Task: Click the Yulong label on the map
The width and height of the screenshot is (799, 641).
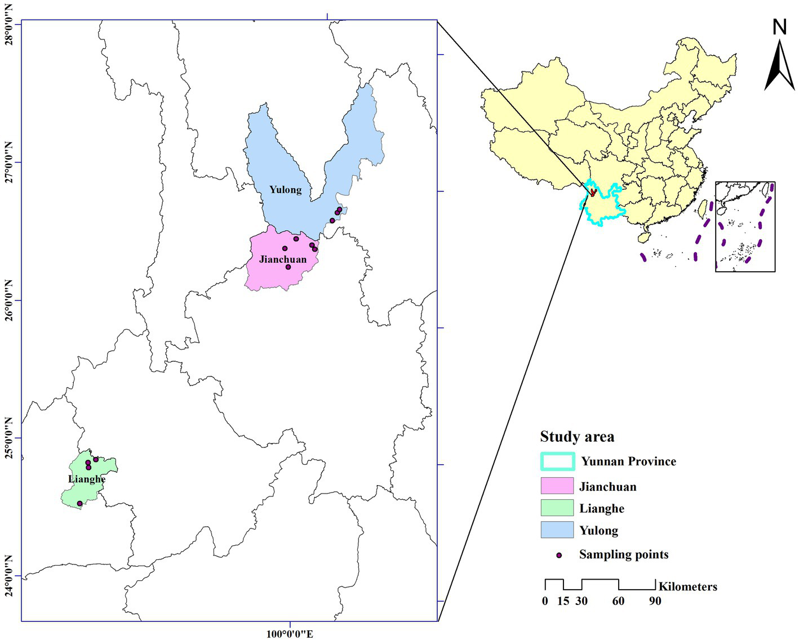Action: click(x=285, y=190)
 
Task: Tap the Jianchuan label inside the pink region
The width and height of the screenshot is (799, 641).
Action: click(x=283, y=259)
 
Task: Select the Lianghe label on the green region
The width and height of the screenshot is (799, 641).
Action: click(x=87, y=479)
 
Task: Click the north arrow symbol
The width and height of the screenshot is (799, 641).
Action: click(x=779, y=65)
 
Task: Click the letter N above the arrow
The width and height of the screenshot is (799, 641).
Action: click(x=779, y=27)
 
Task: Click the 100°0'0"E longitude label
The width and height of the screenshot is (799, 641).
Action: click(x=290, y=634)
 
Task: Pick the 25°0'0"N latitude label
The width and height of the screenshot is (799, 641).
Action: click(x=9, y=438)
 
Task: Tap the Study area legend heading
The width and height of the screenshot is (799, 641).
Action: click(x=577, y=437)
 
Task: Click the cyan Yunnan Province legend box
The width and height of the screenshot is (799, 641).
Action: click(x=557, y=461)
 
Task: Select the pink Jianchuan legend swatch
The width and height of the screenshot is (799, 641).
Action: click(x=557, y=486)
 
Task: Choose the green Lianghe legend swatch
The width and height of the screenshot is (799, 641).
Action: click(x=557, y=508)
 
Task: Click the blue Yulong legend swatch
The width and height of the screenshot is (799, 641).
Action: click(x=557, y=530)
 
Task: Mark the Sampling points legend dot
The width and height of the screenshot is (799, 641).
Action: click(x=559, y=555)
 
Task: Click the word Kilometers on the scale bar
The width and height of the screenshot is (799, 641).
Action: click(x=687, y=586)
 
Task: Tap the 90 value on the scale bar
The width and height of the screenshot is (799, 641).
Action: click(x=655, y=601)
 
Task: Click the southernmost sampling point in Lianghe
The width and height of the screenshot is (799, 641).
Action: click(x=79, y=504)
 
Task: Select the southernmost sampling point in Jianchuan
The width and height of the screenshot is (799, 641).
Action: click(x=288, y=267)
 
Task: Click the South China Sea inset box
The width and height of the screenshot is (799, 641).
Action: click(x=745, y=227)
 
